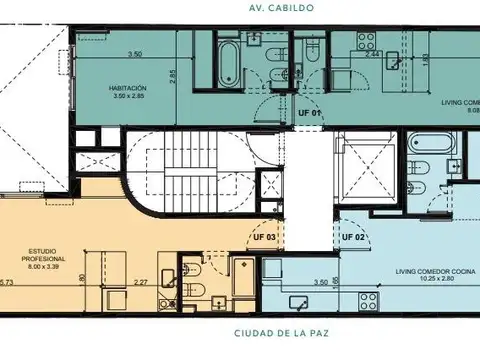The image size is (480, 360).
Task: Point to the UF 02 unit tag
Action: pos(353,237)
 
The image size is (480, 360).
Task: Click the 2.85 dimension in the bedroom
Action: pos(172,74)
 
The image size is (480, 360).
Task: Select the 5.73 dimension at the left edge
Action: pos(8,284)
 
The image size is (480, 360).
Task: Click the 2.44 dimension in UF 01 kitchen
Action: pos(373,54)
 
